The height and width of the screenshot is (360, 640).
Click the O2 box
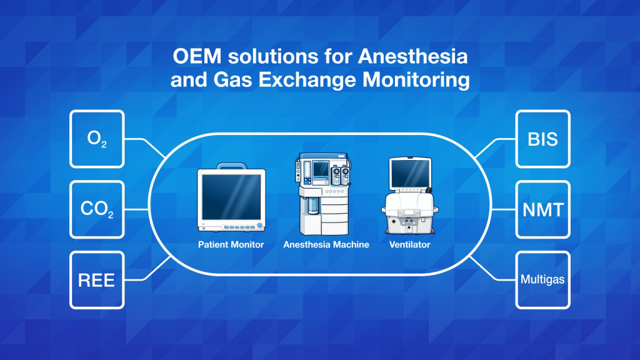tap(97, 139)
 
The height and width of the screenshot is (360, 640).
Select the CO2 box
tap(97, 209)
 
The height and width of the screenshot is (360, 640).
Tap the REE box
tap(97, 280)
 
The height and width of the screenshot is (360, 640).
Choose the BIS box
tap(543, 139)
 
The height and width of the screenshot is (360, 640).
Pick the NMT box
tap(543, 209)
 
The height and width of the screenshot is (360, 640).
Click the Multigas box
tap(543, 280)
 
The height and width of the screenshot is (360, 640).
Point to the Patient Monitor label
tap(231, 244)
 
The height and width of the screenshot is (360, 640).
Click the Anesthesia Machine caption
tap(326, 244)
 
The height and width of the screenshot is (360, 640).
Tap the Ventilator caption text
tap(410, 244)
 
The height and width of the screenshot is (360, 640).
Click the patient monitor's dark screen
tap(231, 197)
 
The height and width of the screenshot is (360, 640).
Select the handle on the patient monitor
tap(231, 166)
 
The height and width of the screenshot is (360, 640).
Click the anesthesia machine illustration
tap(323, 194)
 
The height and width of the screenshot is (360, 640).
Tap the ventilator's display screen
tap(410, 172)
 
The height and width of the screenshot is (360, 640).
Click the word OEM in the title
tap(197, 56)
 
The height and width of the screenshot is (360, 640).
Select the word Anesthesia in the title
tap(412, 56)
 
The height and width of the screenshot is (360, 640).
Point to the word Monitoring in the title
tap(416, 79)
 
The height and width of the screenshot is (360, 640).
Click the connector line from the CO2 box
tap(137, 209)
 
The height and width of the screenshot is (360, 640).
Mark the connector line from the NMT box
tap(503, 209)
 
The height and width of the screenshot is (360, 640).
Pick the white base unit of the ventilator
tap(410, 213)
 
